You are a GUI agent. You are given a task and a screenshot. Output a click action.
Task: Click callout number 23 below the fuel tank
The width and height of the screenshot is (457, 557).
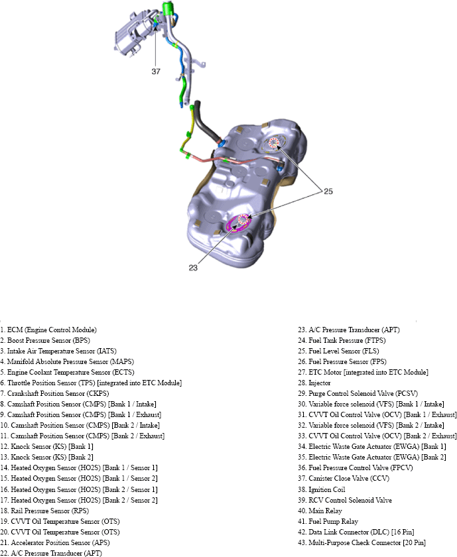tap(193, 267)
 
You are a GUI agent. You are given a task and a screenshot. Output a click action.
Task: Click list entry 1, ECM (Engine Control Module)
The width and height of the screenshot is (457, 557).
tap(49, 330)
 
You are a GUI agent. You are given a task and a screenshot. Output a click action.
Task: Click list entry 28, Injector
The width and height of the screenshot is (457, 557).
tap(320, 383)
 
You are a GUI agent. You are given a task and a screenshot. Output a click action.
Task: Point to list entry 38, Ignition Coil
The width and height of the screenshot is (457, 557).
tap(326, 489)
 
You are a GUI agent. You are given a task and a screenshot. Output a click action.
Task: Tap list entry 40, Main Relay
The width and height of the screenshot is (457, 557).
tap(325, 511)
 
